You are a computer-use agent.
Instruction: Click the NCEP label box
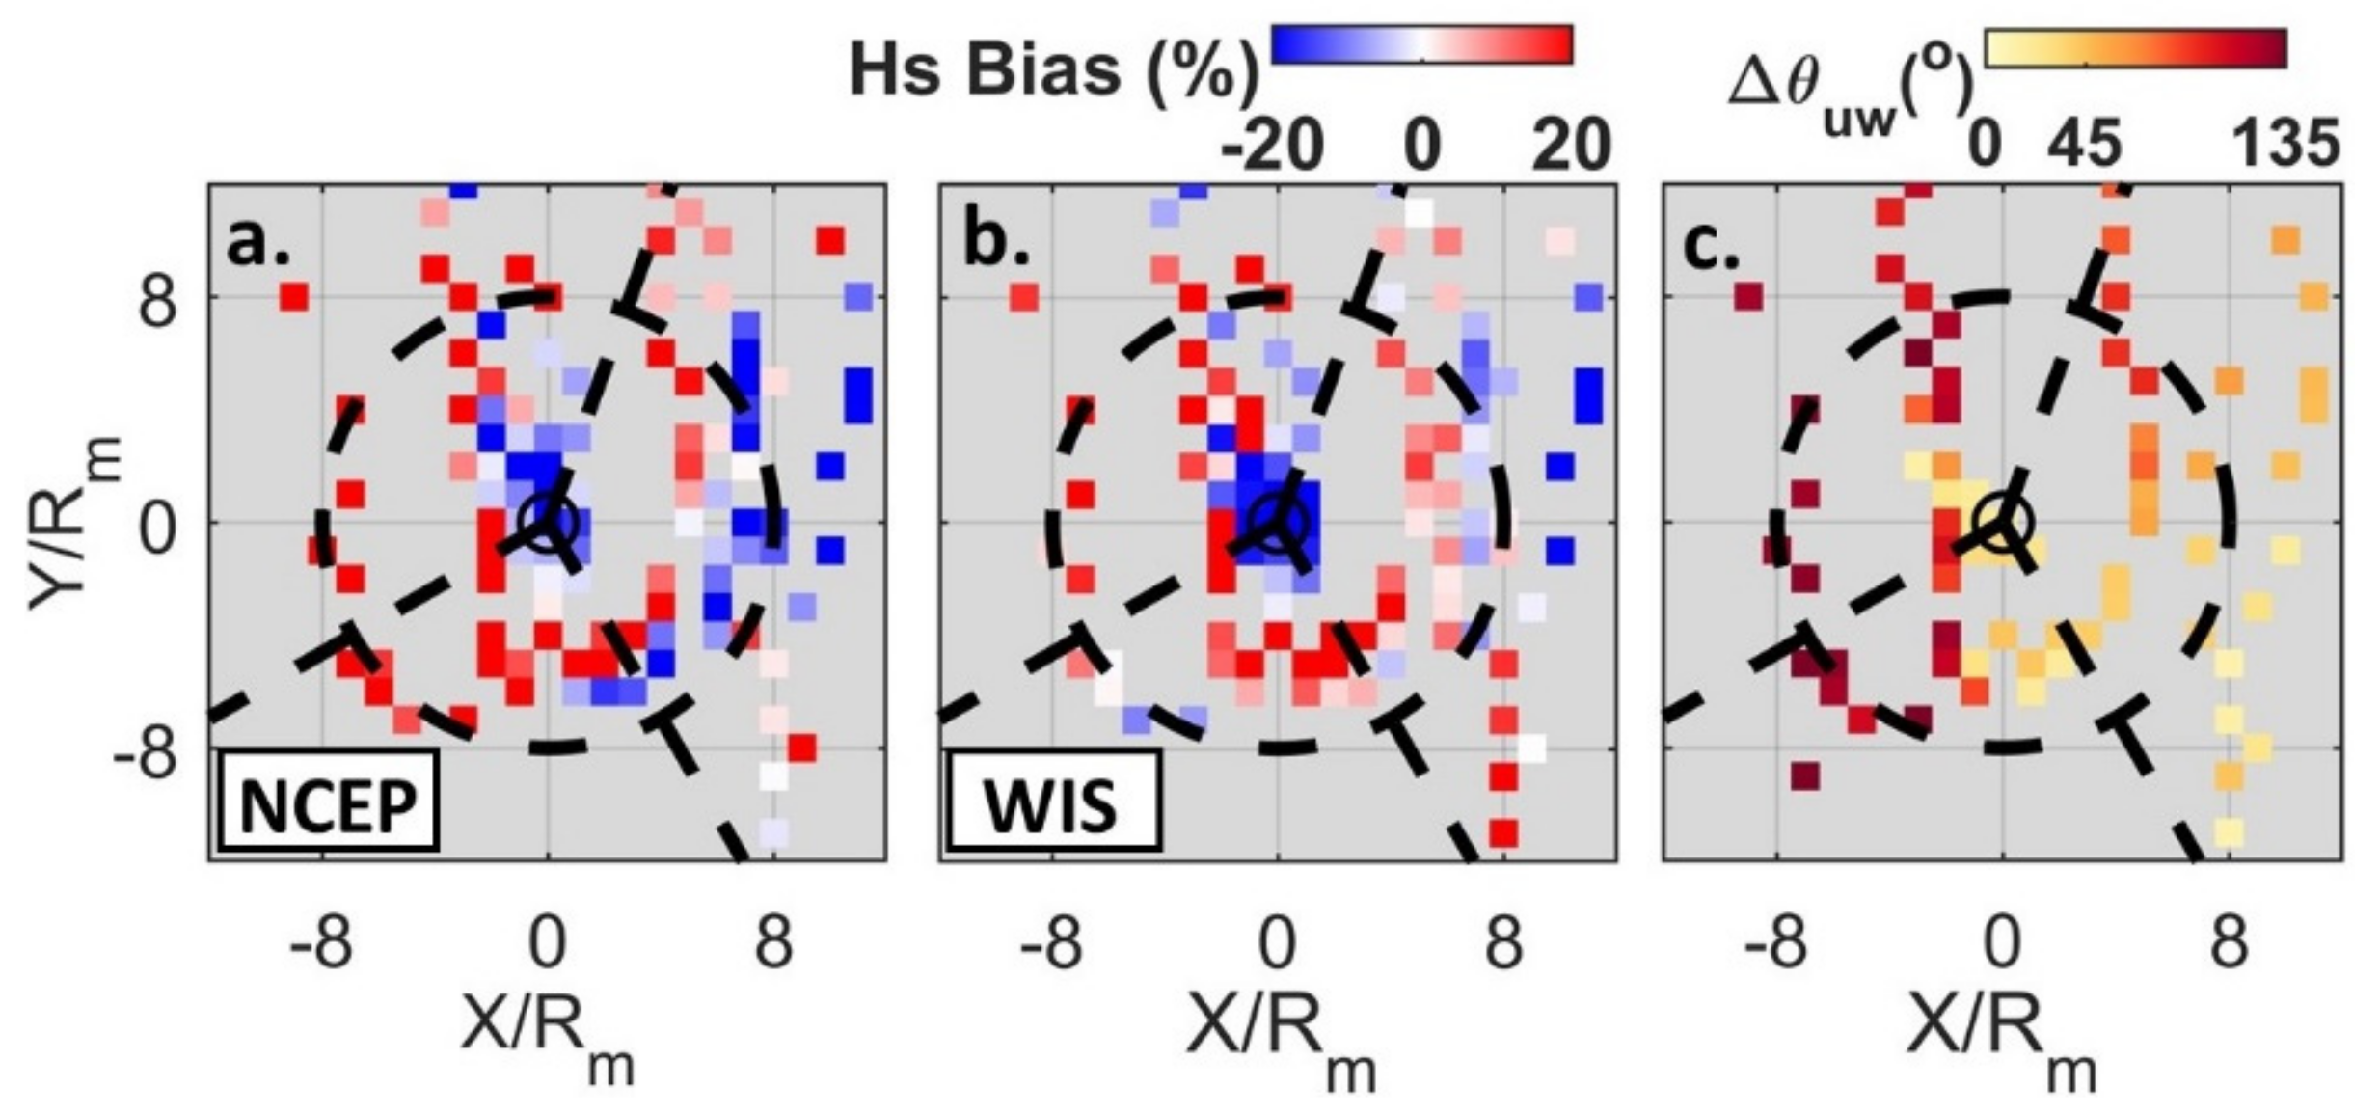328,802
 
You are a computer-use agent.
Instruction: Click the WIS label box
1052,802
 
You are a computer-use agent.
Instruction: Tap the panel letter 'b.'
995,242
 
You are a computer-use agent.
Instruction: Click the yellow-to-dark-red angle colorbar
2134,48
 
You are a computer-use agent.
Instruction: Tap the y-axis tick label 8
158,299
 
